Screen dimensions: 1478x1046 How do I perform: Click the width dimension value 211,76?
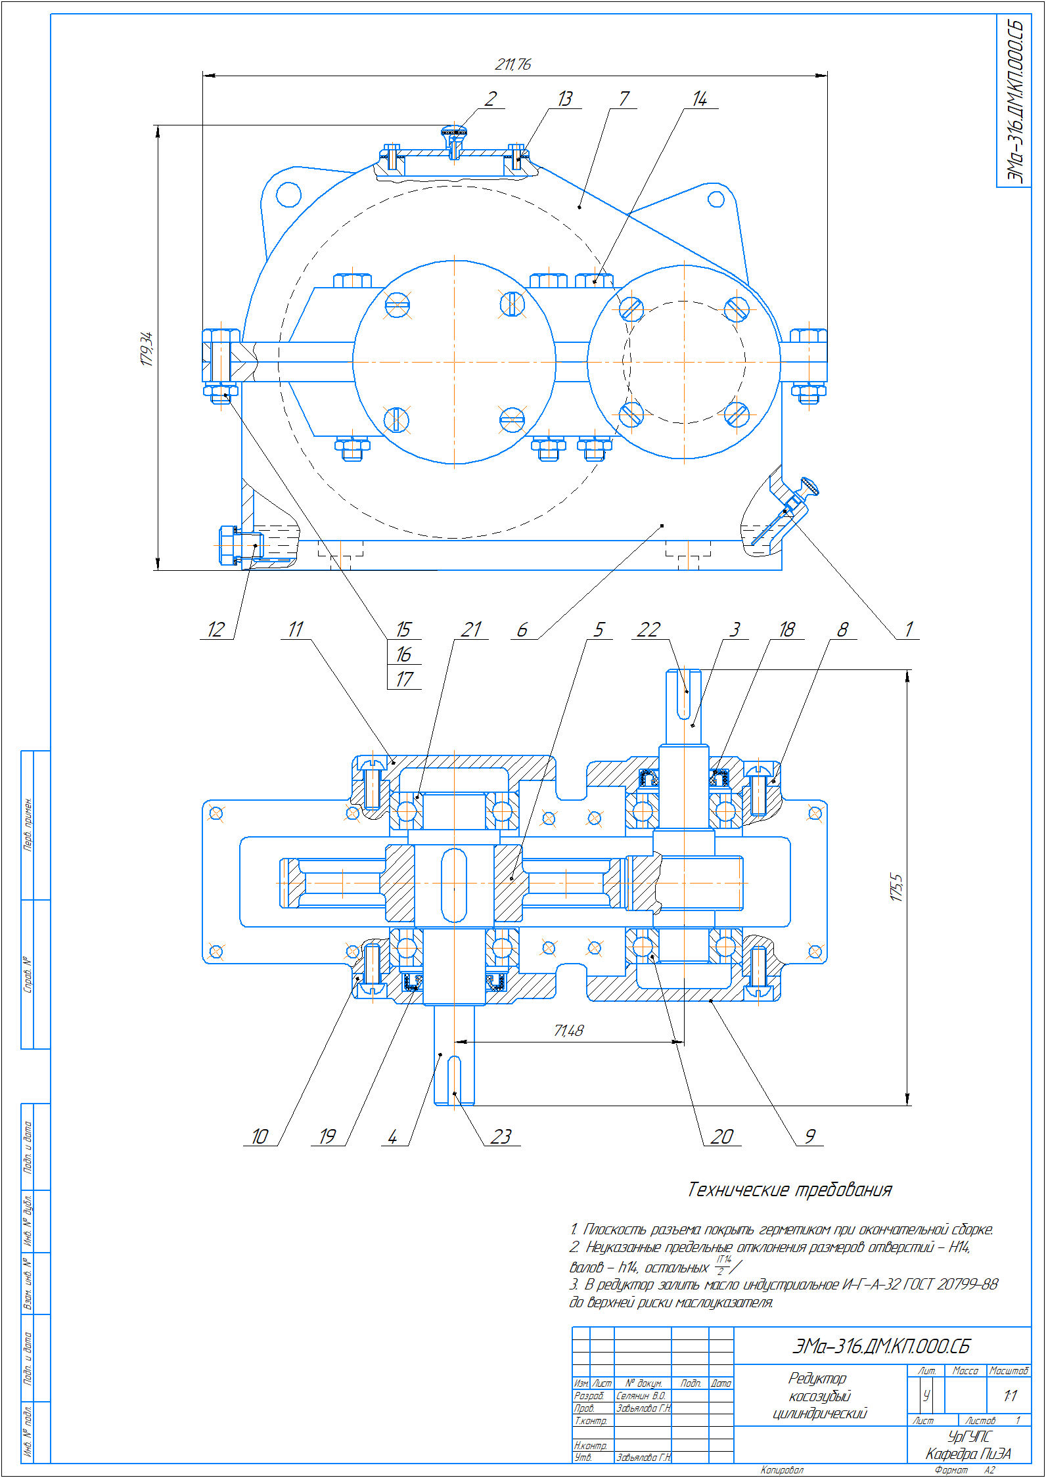pyautogui.click(x=512, y=64)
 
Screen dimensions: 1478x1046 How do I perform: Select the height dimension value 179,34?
pyautogui.click(x=147, y=348)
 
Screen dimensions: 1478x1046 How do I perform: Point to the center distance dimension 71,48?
pyautogui.click(x=568, y=1031)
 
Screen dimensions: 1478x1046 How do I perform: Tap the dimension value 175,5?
pyautogui.click(x=897, y=887)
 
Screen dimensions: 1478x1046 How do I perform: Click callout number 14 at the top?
pyautogui.click(x=699, y=99)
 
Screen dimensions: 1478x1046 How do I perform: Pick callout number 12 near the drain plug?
pyautogui.click(x=216, y=630)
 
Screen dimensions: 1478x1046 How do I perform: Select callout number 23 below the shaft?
pyautogui.click(x=501, y=1137)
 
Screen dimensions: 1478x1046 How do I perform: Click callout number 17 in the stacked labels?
pyautogui.click(x=404, y=679)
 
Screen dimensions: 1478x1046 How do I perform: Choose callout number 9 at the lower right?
pyautogui.click(x=809, y=1137)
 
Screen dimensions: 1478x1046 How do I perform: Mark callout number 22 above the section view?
pyautogui.click(x=648, y=630)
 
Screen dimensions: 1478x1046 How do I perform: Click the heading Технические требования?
pyautogui.click(x=789, y=1190)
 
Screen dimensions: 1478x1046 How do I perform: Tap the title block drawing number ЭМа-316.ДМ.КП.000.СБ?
pyautogui.click(x=880, y=1347)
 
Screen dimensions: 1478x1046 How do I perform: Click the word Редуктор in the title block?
pyautogui.click(x=817, y=1378)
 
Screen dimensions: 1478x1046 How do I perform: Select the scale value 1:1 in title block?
pyautogui.click(x=1010, y=1395)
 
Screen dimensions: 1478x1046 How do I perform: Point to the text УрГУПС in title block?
pyautogui.click(x=968, y=1437)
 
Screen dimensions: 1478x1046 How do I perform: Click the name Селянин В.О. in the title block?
pyautogui.click(x=641, y=1395)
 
